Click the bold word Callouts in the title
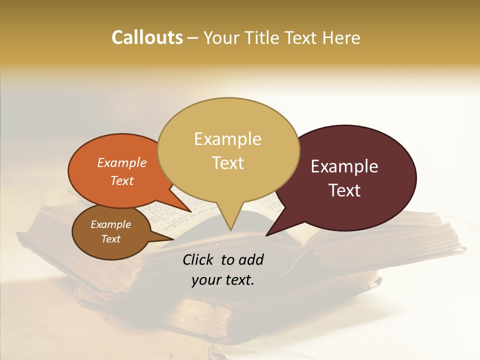tap(147, 37)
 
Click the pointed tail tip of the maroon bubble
tap(266, 235)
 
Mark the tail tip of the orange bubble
tap(191, 212)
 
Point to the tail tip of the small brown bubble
tap(173, 239)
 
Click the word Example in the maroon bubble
tap(344, 166)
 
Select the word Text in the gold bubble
tap(228, 163)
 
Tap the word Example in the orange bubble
tap(122, 162)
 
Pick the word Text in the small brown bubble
tap(111, 239)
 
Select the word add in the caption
tap(251, 259)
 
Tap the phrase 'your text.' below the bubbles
tap(223, 280)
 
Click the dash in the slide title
tap(193, 38)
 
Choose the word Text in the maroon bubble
tap(345, 190)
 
